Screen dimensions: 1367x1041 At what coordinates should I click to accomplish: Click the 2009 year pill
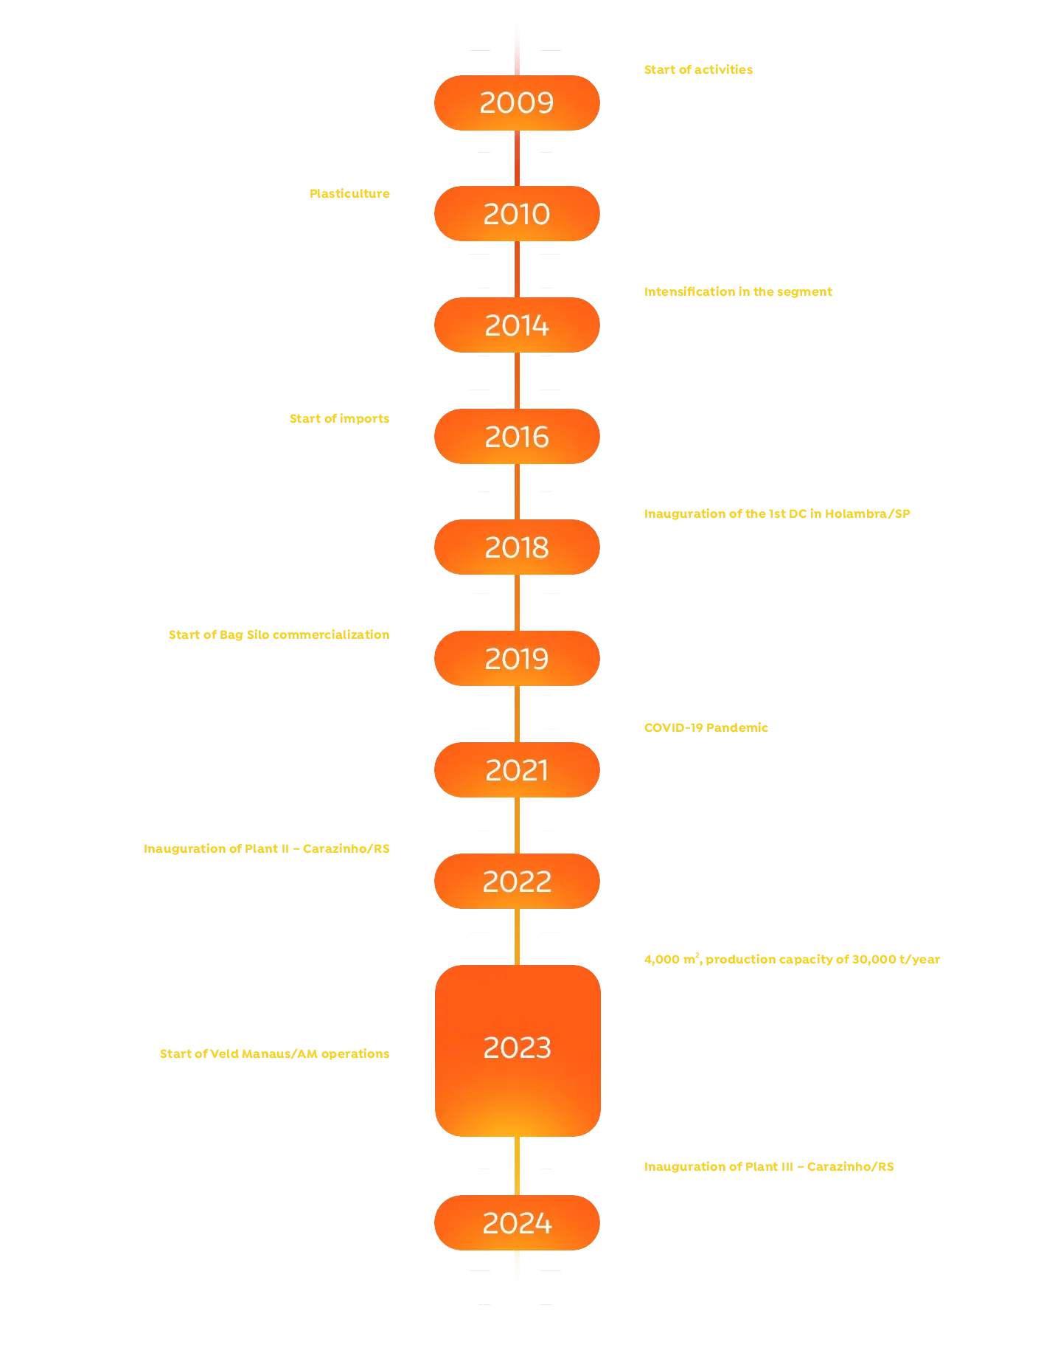click(516, 103)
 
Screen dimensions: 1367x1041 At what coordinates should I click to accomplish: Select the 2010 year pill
click(516, 214)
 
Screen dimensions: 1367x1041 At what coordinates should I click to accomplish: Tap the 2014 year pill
click(516, 325)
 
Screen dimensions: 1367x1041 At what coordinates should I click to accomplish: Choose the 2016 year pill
click(516, 437)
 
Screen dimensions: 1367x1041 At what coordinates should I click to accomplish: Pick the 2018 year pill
click(516, 547)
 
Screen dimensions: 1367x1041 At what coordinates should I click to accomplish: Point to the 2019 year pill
click(516, 659)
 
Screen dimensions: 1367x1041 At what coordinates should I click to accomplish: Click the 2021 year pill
click(516, 770)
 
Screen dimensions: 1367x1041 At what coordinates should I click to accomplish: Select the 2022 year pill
click(516, 881)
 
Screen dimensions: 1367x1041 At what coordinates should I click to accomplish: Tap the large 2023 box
click(518, 1049)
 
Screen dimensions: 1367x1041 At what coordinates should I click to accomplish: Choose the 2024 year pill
click(516, 1223)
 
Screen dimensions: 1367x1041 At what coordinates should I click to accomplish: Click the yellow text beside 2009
click(698, 70)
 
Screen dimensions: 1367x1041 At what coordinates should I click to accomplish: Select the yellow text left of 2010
click(349, 194)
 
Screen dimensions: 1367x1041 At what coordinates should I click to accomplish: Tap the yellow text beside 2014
click(739, 292)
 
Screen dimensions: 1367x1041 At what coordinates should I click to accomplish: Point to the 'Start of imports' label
click(339, 419)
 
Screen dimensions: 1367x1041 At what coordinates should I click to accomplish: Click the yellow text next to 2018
click(778, 513)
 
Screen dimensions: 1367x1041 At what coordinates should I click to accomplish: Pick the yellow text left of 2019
click(278, 635)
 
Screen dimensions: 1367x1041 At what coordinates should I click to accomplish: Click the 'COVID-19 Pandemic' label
click(706, 728)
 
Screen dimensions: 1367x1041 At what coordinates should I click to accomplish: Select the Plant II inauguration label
click(266, 849)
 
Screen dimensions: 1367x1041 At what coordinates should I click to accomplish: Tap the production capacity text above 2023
click(793, 960)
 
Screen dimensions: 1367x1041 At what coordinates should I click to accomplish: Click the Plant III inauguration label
click(769, 1167)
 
